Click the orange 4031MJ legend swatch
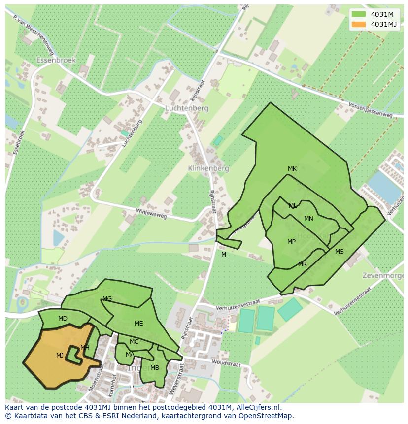pyautogui.click(x=359, y=24)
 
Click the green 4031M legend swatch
pyautogui.click(x=359, y=14)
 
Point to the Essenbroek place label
pyautogui.click(x=56, y=60)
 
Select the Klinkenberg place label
pyautogui.click(x=208, y=168)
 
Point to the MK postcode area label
pyautogui.click(x=292, y=169)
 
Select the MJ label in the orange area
pyautogui.click(x=60, y=356)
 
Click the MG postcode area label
pyautogui.click(x=107, y=299)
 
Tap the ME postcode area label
pyautogui.click(x=138, y=324)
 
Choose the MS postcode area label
pyautogui.click(x=340, y=252)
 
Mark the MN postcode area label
pyautogui.click(x=308, y=219)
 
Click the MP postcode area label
pyautogui.click(x=291, y=242)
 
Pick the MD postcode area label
pyautogui.click(x=63, y=319)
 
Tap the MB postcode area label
pyautogui.click(x=155, y=368)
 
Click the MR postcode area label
pyautogui.click(x=303, y=264)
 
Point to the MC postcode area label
pyautogui.click(x=134, y=342)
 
